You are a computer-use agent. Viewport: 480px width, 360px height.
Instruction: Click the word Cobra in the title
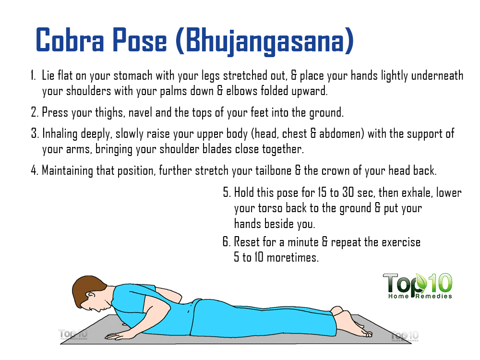click(70, 40)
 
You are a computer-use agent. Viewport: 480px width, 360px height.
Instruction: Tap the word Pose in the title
click(140, 40)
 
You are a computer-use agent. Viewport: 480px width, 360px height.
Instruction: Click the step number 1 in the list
click(33, 75)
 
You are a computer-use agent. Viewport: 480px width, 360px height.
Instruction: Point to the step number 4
click(34, 170)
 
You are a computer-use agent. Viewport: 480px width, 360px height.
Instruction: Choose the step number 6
click(226, 242)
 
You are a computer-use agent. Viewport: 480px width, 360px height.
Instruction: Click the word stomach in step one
click(133, 76)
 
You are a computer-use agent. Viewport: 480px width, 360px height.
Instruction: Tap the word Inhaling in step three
click(60, 134)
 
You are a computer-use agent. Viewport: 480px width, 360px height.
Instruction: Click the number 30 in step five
click(348, 192)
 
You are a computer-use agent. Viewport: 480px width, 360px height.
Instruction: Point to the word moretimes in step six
click(292, 257)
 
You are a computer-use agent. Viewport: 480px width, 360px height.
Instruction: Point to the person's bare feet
click(352, 323)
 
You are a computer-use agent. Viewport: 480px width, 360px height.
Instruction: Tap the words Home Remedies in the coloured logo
click(420, 296)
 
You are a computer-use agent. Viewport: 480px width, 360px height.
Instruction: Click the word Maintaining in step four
click(67, 171)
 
